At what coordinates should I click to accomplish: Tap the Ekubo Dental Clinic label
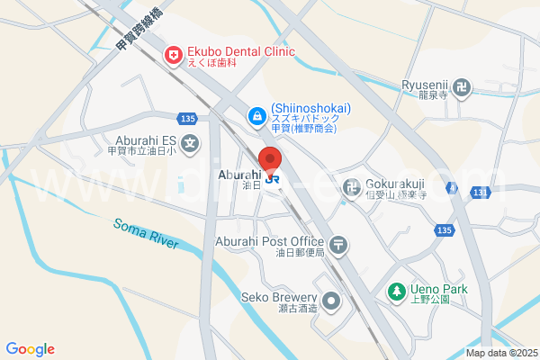click(x=240, y=51)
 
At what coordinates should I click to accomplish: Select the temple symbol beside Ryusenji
click(x=463, y=87)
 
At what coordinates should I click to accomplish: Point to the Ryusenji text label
click(x=424, y=85)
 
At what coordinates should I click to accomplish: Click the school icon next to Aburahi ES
click(x=190, y=142)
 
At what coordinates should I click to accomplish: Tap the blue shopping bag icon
click(x=256, y=115)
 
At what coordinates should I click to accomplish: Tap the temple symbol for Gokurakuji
click(x=351, y=187)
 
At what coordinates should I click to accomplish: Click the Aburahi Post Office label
click(x=269, y=241)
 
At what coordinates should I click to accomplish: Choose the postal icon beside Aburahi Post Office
click(x=338, y=242)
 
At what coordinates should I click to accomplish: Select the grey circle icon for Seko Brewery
click(x=332, y=301)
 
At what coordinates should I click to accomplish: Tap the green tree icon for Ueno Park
click(x=395, y=291)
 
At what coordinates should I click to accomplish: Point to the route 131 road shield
click(x=480, y=193)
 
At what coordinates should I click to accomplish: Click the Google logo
click(x=30, y=349)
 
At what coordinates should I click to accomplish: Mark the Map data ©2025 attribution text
click(x=499, y=353)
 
